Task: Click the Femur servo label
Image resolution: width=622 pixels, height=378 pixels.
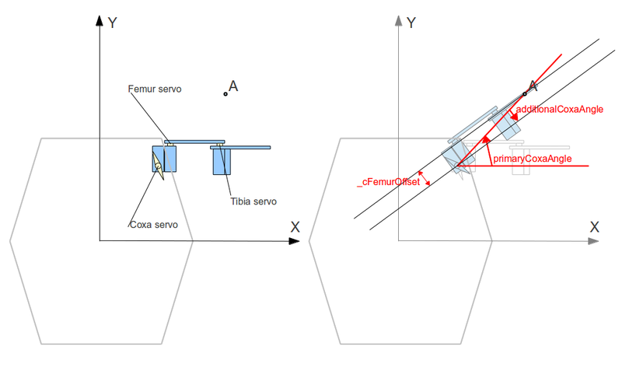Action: coord(154,89)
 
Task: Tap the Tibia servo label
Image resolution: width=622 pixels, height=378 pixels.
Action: coord(253,201)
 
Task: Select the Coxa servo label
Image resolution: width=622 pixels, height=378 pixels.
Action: coord(154,225)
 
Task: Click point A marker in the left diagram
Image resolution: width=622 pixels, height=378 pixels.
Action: coord(225,94)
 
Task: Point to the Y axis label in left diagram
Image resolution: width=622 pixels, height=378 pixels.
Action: coord(112,23)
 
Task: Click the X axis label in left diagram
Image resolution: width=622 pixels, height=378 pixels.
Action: coord(295,227)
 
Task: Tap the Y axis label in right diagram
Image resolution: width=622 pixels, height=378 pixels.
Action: coord(411,23)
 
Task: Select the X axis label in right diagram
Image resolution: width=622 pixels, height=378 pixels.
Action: coord(594,227)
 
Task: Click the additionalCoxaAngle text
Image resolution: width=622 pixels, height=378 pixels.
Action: coord(559,109)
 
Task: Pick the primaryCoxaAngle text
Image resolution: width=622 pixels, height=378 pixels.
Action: coord(533,159)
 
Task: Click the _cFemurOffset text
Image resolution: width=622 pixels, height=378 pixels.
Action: coord(388,182)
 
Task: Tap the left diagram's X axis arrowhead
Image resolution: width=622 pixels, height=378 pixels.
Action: coord(294,241)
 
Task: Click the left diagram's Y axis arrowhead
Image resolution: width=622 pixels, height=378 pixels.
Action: coord(100,21)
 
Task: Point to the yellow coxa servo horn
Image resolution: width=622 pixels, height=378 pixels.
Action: coord(158,166)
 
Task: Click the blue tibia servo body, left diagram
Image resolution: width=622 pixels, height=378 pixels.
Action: coord(222,162)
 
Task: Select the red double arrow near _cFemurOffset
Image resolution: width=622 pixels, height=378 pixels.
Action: coord(424,178)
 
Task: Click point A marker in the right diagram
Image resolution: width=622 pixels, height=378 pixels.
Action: coord(524,94)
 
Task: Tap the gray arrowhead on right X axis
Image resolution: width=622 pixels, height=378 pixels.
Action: coord(593,241)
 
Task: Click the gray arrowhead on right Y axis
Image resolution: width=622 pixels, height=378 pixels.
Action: coord(398,21)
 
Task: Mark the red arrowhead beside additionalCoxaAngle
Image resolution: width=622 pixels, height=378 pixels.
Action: coord(514,115)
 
